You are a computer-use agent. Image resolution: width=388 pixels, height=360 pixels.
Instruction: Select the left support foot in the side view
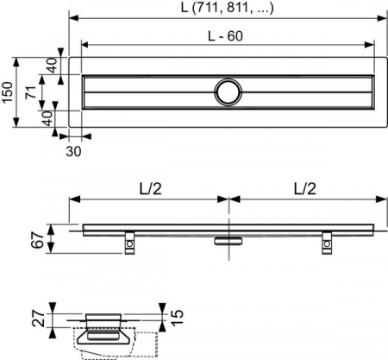[128, 243]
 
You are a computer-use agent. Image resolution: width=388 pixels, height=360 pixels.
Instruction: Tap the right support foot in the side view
[329, 243]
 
